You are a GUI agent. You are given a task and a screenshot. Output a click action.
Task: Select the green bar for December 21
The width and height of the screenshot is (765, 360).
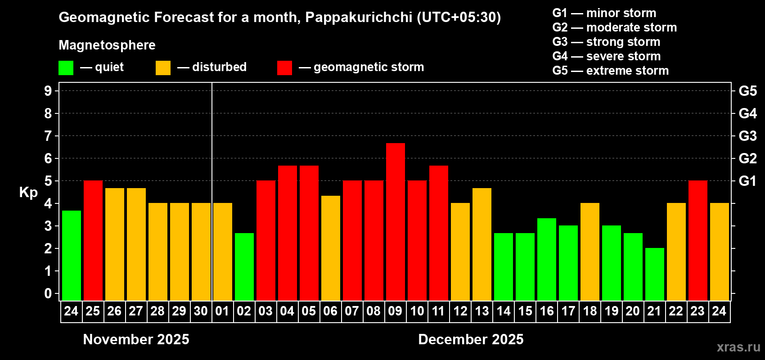tap(654, 274)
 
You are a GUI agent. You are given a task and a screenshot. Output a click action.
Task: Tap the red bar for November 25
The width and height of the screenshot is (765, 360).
tap(93, 240)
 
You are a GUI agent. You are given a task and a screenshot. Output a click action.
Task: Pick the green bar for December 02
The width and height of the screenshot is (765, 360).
tap(244, 266)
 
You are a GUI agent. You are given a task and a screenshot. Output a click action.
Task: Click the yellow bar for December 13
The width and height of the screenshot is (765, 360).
tap(481, 244)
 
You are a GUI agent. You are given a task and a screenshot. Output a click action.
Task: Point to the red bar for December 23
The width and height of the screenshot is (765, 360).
tap(697, 240)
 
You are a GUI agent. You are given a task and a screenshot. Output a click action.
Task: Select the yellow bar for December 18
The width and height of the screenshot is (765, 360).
tap(589, 252)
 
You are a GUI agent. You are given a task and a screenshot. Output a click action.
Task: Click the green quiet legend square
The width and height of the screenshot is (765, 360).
tap(66, 68)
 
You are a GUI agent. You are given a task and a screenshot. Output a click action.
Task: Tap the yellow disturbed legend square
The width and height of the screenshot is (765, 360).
tap(163, 68)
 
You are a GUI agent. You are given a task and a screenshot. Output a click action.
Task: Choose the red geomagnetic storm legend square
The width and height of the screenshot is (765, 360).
tap(284, 68)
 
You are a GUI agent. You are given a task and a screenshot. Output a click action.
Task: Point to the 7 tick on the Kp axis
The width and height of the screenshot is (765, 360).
tap(48, 136)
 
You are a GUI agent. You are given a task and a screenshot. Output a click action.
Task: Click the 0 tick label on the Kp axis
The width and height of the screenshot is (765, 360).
tap(48, 294)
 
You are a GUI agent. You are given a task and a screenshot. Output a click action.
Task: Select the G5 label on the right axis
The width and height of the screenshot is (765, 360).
tap(747, 91)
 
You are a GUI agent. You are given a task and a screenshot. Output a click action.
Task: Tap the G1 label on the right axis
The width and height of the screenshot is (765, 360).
tap(747, 181)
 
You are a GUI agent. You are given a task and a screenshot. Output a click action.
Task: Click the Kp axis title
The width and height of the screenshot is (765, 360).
tap(28, 193)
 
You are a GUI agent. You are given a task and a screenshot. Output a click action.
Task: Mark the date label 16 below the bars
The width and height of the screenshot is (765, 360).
tap(546, 311)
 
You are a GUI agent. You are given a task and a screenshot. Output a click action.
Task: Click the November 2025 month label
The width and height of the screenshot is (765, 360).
tap(136, 339)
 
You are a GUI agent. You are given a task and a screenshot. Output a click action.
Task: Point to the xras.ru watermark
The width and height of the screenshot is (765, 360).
tap(738, 347)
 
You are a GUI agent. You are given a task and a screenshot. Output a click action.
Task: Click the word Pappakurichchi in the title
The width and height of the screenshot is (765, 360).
tap(359, 18)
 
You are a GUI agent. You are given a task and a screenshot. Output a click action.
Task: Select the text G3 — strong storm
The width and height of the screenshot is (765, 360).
tap(606, 42)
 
